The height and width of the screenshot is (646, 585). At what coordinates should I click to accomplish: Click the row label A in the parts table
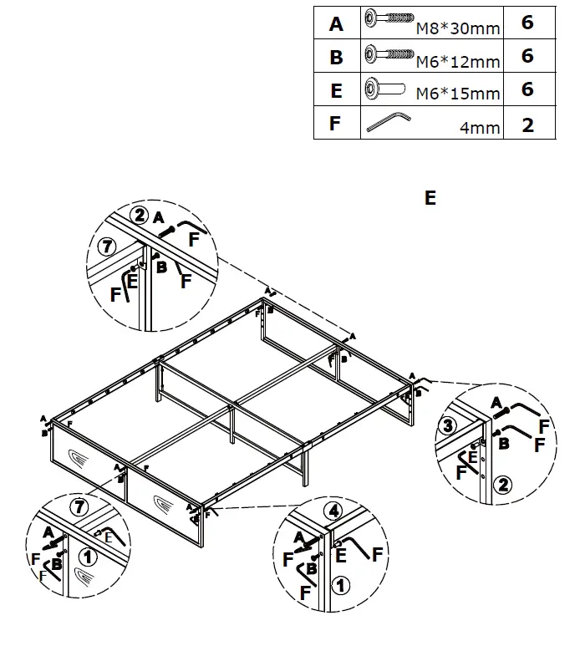(336, 24)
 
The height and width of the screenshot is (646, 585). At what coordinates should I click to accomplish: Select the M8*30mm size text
(458, 29)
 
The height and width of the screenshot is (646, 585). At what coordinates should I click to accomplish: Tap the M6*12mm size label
(458, 62)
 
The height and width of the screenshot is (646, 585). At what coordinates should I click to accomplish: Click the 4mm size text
(480, 128)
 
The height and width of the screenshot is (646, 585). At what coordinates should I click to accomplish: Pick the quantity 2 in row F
(527, 125)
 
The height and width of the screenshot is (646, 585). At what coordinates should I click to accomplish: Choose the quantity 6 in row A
(527, 23)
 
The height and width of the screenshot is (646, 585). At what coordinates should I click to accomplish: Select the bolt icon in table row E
(384, 89)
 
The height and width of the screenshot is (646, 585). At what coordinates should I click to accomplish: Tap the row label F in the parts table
(336, 124)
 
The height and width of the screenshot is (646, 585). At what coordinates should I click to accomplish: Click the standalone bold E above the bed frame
(430, 198)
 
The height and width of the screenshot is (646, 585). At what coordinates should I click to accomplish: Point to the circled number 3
(448, 425)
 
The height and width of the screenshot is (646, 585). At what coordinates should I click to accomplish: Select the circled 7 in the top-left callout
(104, 247)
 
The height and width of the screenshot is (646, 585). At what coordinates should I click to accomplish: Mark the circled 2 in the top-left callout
(139, 213)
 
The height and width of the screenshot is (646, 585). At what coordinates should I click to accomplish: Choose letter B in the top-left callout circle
(162, 267)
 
